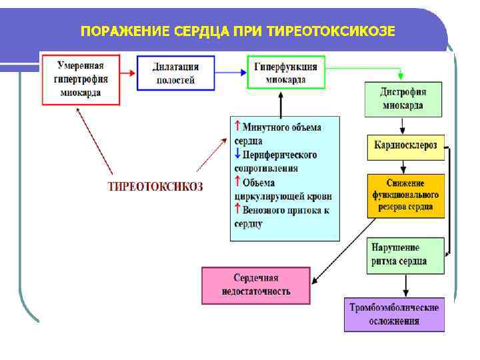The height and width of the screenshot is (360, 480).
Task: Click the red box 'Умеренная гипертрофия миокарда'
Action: click(x=80, y=79)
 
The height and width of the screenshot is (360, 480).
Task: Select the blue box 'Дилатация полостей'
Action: click(x=176, y=73)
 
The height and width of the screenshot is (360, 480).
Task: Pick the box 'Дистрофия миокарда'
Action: click(x=403, y=99)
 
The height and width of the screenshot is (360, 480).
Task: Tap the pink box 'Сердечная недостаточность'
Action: click(x=256, y=285)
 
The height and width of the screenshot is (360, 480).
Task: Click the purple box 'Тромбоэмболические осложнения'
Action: click(x=394, y=314)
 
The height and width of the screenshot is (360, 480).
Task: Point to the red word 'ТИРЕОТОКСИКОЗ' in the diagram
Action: click(x=155, y=186)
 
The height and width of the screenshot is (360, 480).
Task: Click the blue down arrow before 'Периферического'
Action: click(x=237, y=153)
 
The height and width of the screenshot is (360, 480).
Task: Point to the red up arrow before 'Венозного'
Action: click(x=237, y=209)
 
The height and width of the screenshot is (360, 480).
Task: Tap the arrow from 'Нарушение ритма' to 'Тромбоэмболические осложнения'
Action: click(x=405, y=285)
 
